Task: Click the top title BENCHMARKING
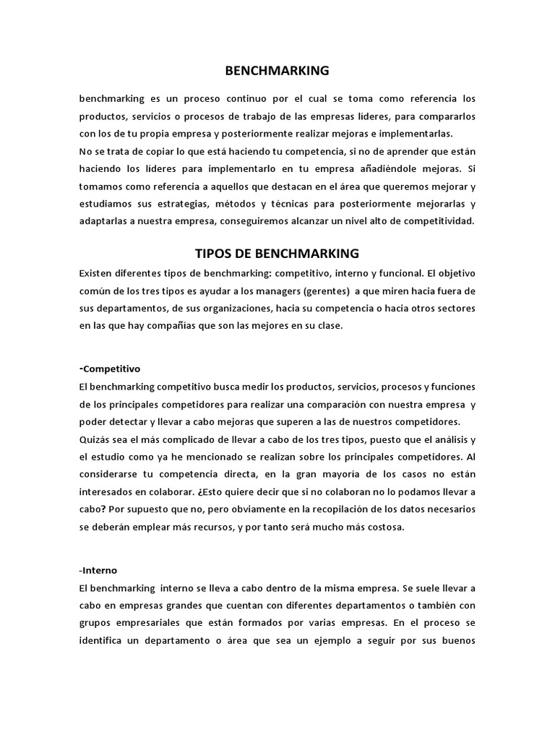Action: [277, 71]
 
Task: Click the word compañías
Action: [176, 326]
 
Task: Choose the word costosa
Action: [384, 527]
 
